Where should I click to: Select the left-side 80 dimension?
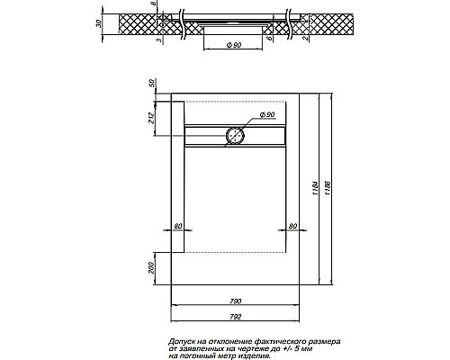click(x=177, y=225)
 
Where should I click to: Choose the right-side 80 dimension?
click(x=292, y=225)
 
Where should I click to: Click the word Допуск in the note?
click(x=185, y=341)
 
